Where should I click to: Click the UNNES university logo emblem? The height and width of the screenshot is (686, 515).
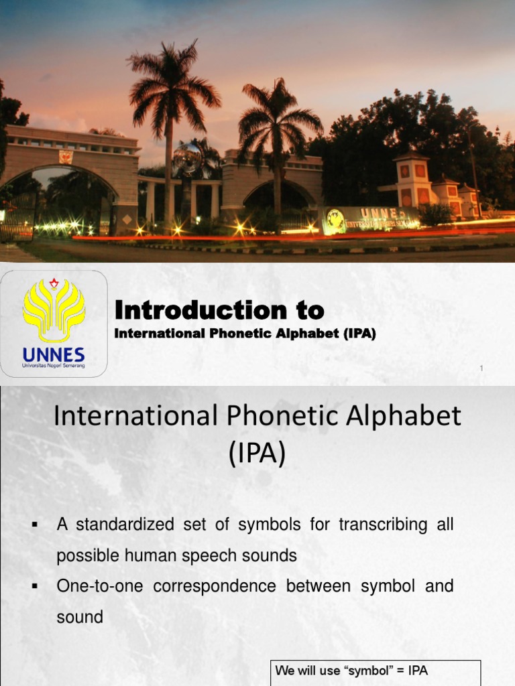54,310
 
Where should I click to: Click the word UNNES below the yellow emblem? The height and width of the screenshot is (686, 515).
54,354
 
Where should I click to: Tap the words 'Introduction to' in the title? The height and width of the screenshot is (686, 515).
219,310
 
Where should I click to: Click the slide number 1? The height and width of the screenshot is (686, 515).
481,368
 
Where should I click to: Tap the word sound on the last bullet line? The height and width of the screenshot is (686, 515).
80,617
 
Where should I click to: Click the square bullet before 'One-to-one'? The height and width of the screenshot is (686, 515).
34,587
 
